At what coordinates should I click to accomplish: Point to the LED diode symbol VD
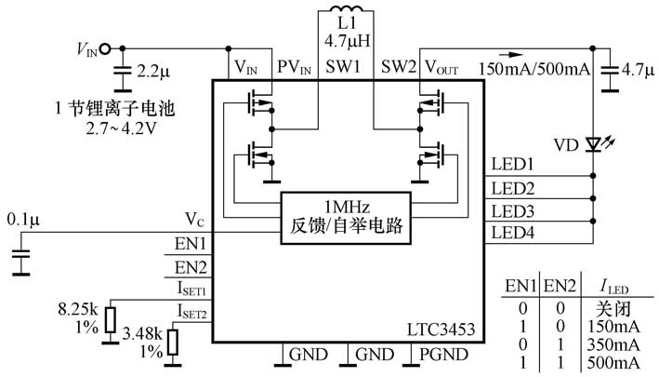click(593, 146)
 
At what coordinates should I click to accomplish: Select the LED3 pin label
click(512, 210)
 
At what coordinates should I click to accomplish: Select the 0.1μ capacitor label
click(23, 220)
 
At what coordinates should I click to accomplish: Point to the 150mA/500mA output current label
click(533, 69)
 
